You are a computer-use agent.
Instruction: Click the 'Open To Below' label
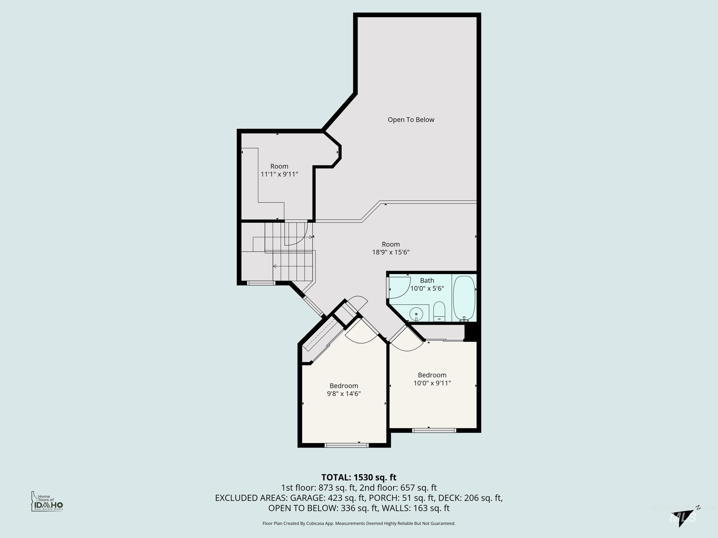click(411, 120)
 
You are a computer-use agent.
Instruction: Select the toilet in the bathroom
click(439, 311)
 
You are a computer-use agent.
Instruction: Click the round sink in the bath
click(416, 314)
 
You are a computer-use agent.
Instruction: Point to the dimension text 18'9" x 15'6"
click(391, 252)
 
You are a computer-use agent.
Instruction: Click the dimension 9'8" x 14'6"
click(344, 394)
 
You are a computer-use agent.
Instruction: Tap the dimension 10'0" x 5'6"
click(427, 288)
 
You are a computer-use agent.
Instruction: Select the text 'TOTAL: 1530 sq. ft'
click(359, 477)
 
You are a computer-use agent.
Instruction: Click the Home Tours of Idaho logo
click(47, 501)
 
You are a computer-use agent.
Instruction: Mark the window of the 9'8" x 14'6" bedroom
click(346, 445)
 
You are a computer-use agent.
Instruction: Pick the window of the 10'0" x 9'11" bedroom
click(434, 430)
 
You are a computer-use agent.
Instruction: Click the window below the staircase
click(261, 283)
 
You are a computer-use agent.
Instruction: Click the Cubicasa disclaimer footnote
click(359, 523)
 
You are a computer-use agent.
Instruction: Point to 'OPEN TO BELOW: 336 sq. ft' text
click(323, 508)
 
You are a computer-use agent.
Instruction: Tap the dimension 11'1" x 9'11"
click(279, 174)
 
